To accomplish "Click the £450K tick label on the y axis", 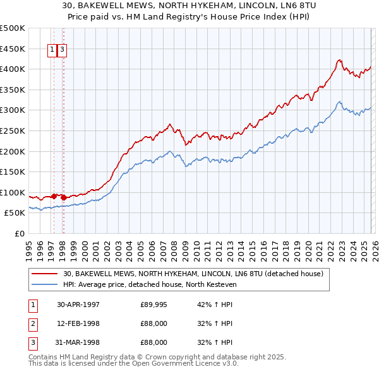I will pos(13,49).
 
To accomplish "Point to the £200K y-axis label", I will pos(13,151).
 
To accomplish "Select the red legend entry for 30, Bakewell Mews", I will pos(193,274).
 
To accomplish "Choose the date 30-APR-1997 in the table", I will pos(78,305).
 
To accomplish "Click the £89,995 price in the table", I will pos(153,305).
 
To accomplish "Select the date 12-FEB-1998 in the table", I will pos(78,323).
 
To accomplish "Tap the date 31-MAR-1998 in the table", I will pos(78,342).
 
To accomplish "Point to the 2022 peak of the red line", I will pos(339,60).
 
